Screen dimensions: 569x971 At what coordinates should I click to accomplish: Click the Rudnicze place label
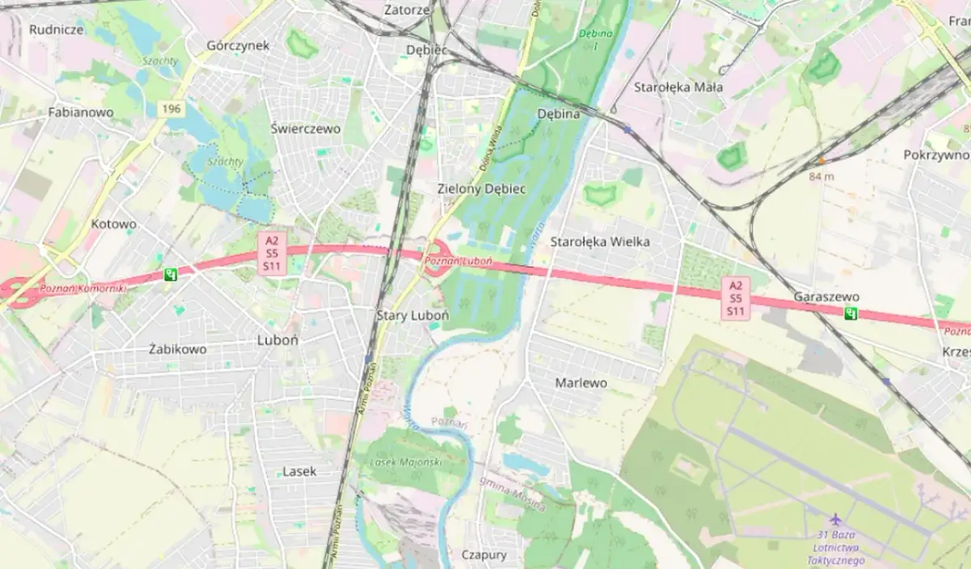pos(57,30)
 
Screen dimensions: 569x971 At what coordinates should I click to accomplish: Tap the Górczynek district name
pos(238,45)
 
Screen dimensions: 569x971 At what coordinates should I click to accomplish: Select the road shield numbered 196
pos(168,107)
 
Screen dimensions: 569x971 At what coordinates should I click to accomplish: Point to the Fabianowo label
pos(81,112)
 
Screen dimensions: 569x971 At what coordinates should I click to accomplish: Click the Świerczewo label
pos(305,129)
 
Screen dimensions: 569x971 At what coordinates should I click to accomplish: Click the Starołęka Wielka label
pos(600,241)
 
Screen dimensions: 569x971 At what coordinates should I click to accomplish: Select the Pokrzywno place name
pos(936,154)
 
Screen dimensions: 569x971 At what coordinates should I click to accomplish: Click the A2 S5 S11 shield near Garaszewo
pos(736,298)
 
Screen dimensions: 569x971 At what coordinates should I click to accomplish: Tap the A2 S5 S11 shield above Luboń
pos(273,253)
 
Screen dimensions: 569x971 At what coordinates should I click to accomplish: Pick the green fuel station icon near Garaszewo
pos(850,314)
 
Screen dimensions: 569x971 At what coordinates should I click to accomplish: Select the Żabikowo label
pos(178,349)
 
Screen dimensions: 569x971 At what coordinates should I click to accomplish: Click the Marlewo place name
pos(581,382)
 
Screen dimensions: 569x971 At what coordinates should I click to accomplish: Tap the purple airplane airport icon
pos(836,520)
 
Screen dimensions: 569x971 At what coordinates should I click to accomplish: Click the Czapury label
pos(484,554)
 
